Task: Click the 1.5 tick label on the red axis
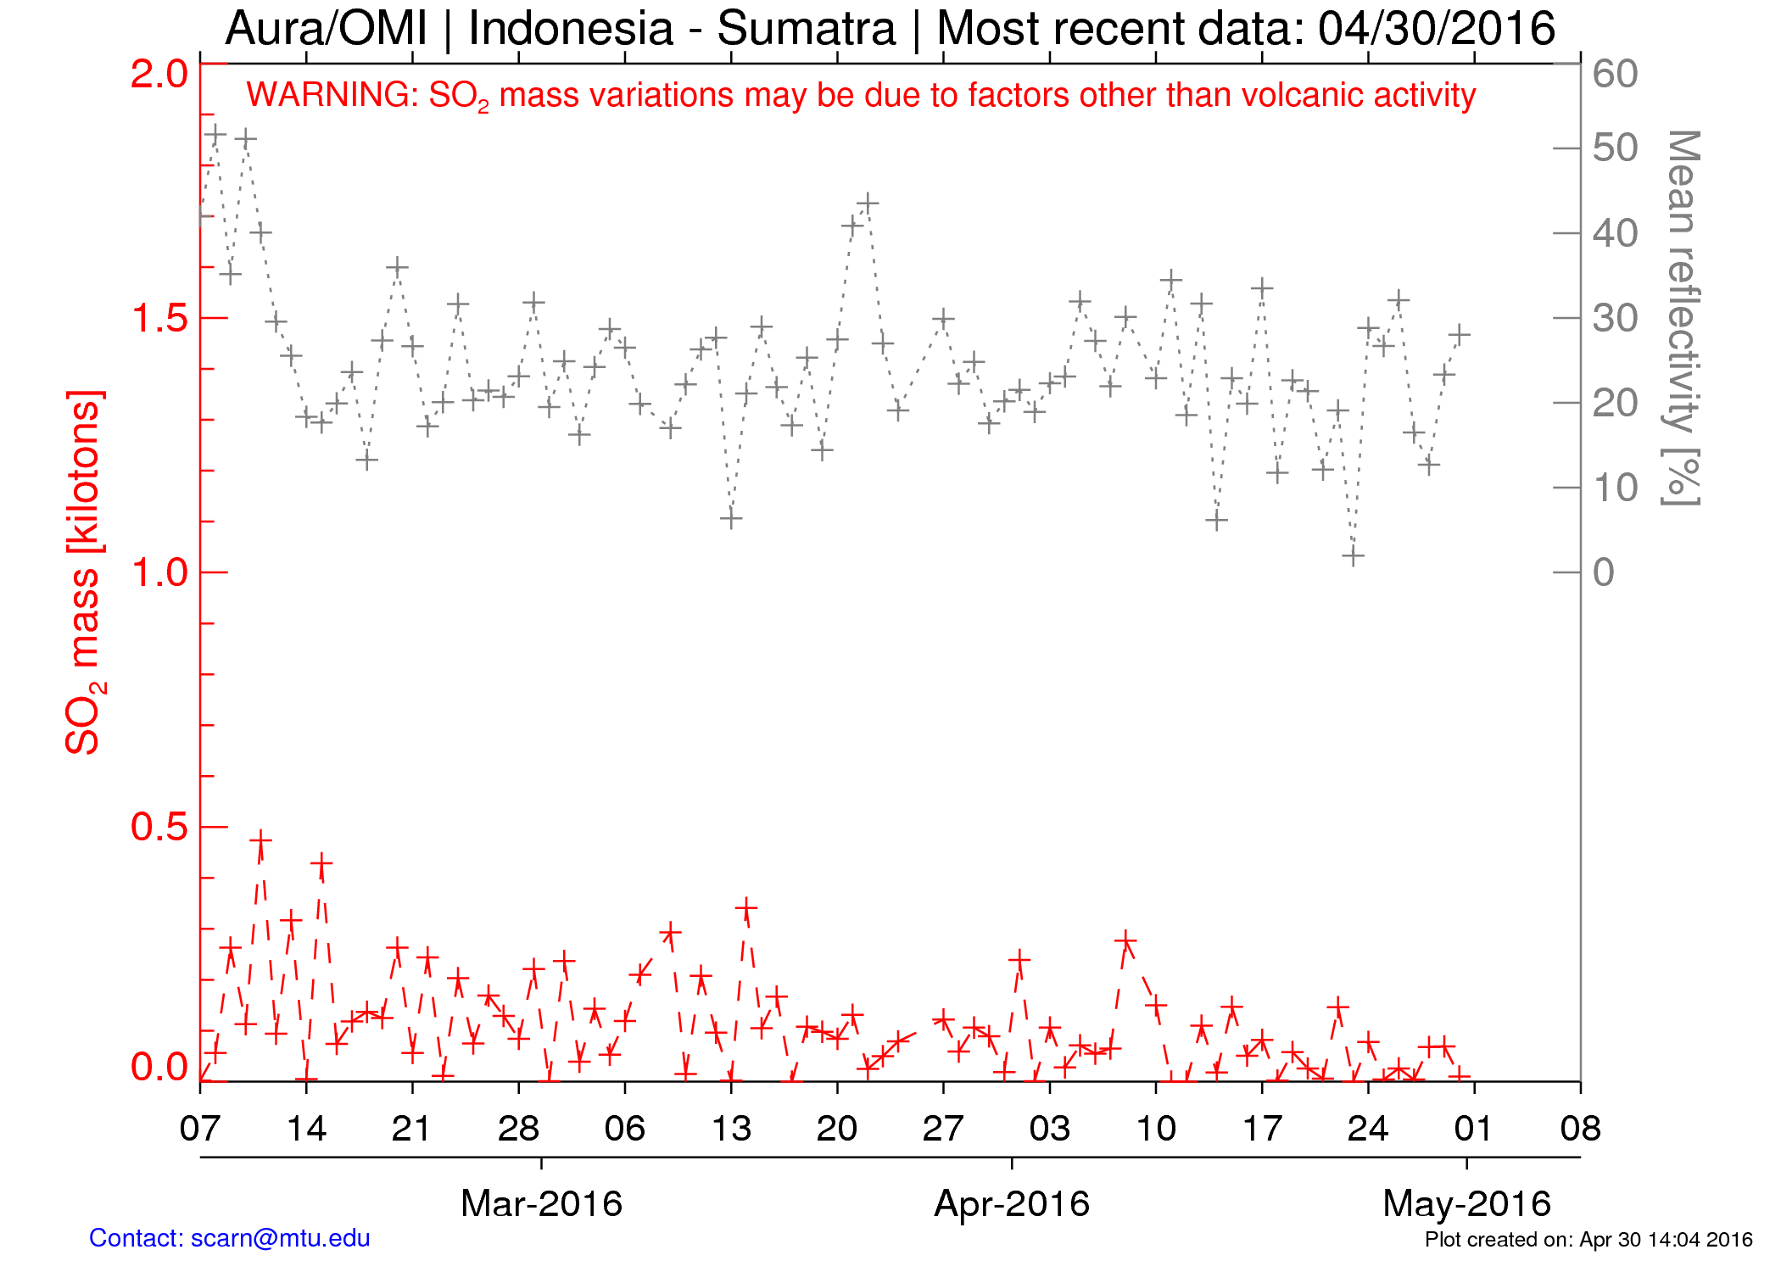(x=159, y=318)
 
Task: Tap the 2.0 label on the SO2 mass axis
(x=159, y=74)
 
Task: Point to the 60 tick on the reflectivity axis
(x=1615, y=74)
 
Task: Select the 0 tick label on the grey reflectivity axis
(x=1603, y=572)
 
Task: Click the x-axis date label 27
(x=943, y=1129)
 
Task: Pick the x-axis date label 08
(x=1580, y=1129)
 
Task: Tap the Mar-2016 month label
(x=541, y=1203)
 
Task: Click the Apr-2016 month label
(x=1011, y=1203)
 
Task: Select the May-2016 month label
(x=1466, y=1203)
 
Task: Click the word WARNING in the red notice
(x=332, y=95)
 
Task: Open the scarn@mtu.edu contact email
(x=280, y=1238)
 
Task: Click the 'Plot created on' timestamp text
(x=1588, y=1240)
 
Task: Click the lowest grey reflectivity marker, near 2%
(x=1353, y=556)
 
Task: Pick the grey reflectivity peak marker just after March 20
(x=867, y=204)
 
